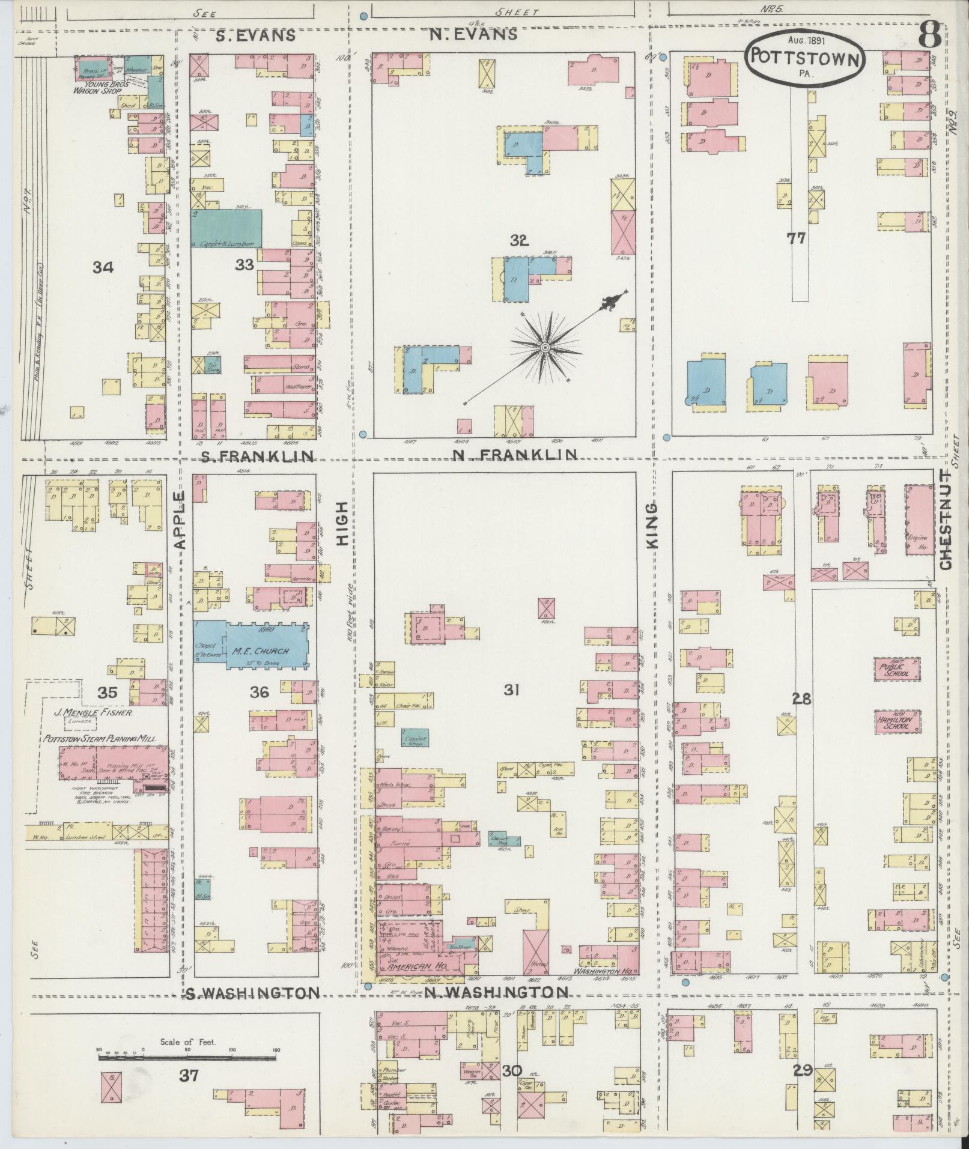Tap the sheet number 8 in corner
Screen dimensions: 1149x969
pos(929,36)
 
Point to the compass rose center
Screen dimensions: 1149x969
pos(545,348)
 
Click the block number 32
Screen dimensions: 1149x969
pos(519,241)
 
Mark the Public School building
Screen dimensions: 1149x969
pos(897,670)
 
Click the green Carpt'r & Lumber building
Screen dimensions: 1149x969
pos(226,228)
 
